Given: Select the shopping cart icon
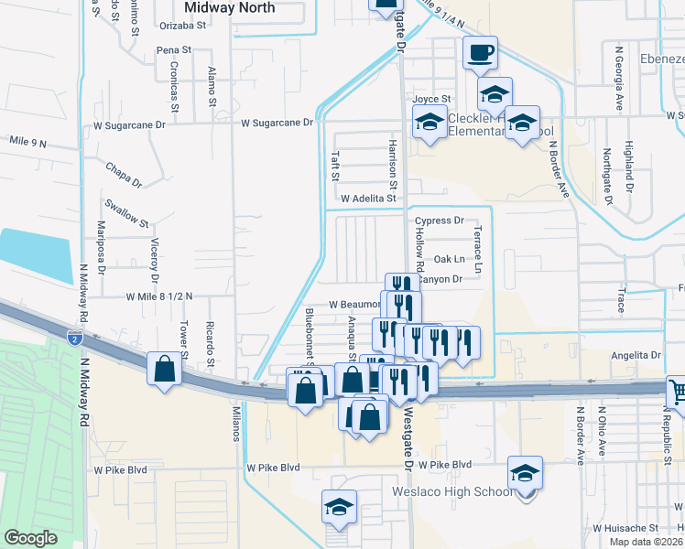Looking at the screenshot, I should tap(676, 391).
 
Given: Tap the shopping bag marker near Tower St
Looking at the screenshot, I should tap(164, 370).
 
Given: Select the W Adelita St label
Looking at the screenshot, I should tap(367, 198).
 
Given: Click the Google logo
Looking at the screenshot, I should tap(30, 538).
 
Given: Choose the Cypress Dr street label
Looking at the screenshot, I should tap(440, 221).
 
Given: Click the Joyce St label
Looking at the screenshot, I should tap(432, 99).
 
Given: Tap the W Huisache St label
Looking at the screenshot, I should tap(625, 528).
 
